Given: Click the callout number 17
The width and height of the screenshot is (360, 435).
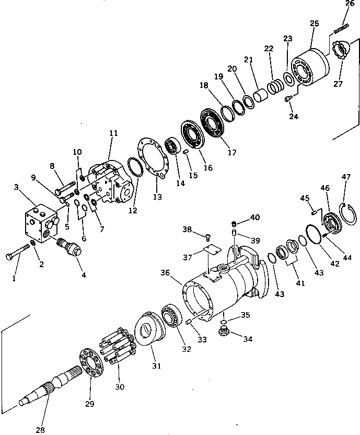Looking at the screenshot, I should tap(232, 153).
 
